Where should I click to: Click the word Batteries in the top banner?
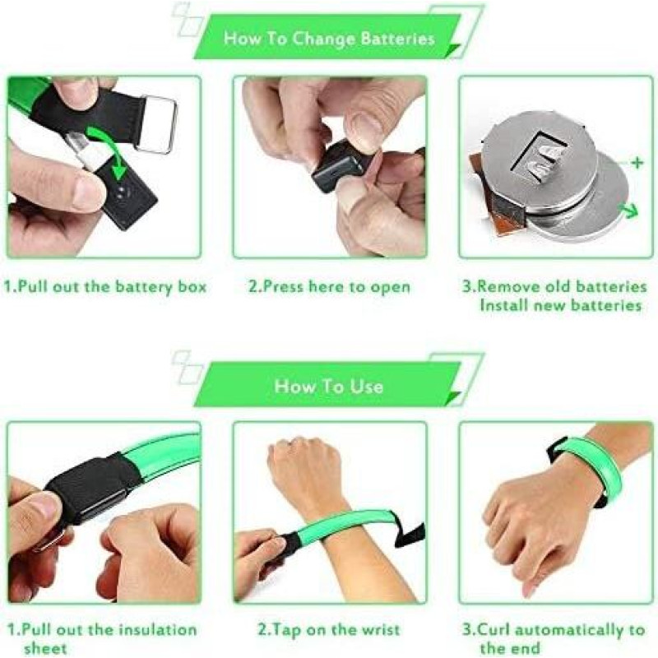point(397,39)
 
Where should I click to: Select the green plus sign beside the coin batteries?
point(637,162)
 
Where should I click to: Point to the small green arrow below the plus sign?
point(629,210)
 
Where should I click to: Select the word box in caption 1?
point(192,287)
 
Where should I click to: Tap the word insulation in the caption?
point(157,630)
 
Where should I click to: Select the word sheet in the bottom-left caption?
point(46,648)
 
